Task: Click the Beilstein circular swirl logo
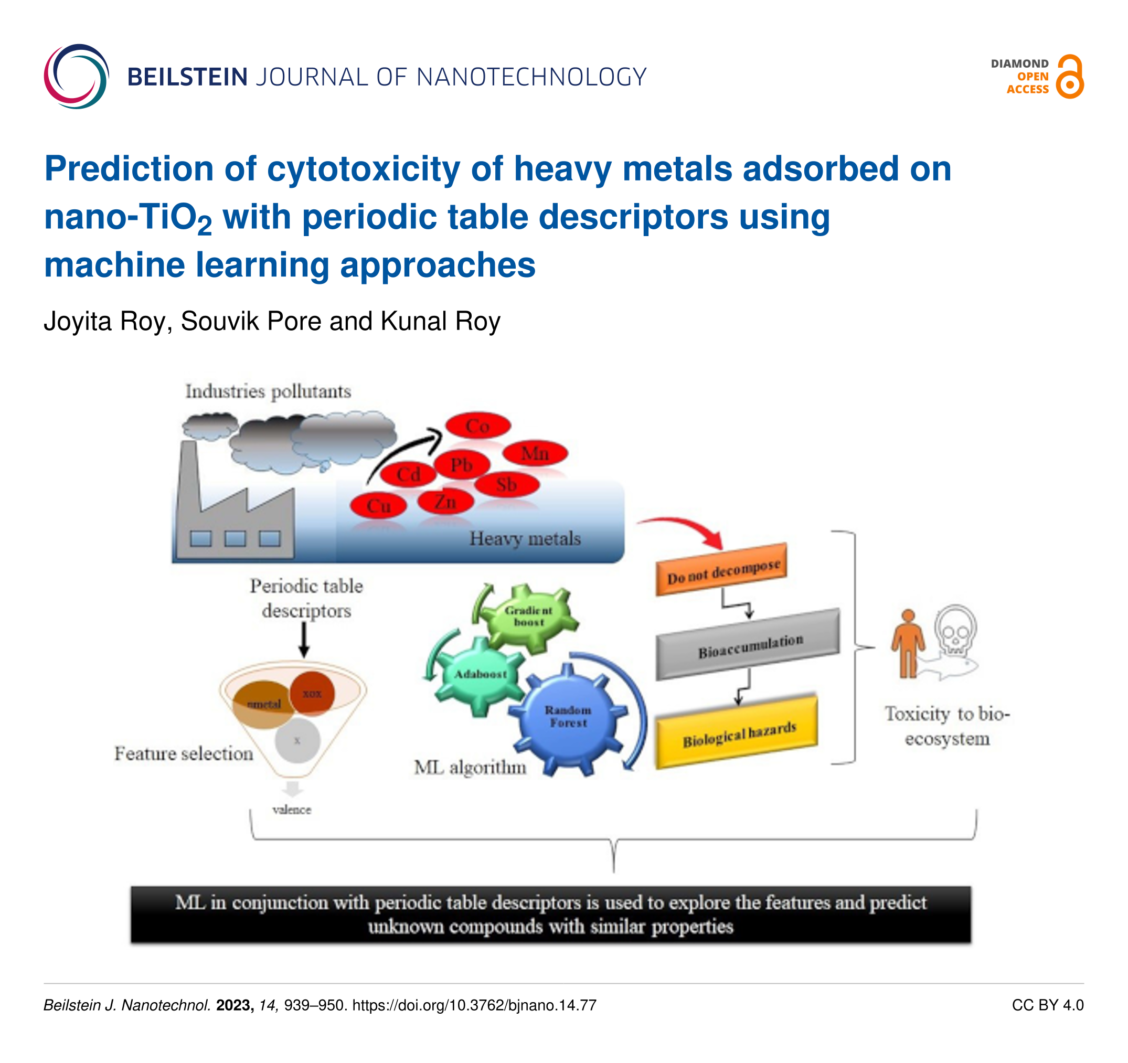(76, 77)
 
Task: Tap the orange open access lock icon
(1070, 78)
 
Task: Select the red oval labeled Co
(478, 426)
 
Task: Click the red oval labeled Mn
(535, 453)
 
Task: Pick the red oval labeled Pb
(462, 465)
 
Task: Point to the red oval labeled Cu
(378, 505)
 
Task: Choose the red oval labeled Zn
(445, 502)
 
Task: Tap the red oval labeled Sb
(507, 485)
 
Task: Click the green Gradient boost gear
(529, 616)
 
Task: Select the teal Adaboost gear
(481, 674)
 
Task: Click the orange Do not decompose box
(722, 570)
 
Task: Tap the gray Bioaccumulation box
(748, 645)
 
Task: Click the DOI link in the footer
(474, 1005)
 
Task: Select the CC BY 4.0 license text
(1047, 1005)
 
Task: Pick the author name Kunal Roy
(440, 321)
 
